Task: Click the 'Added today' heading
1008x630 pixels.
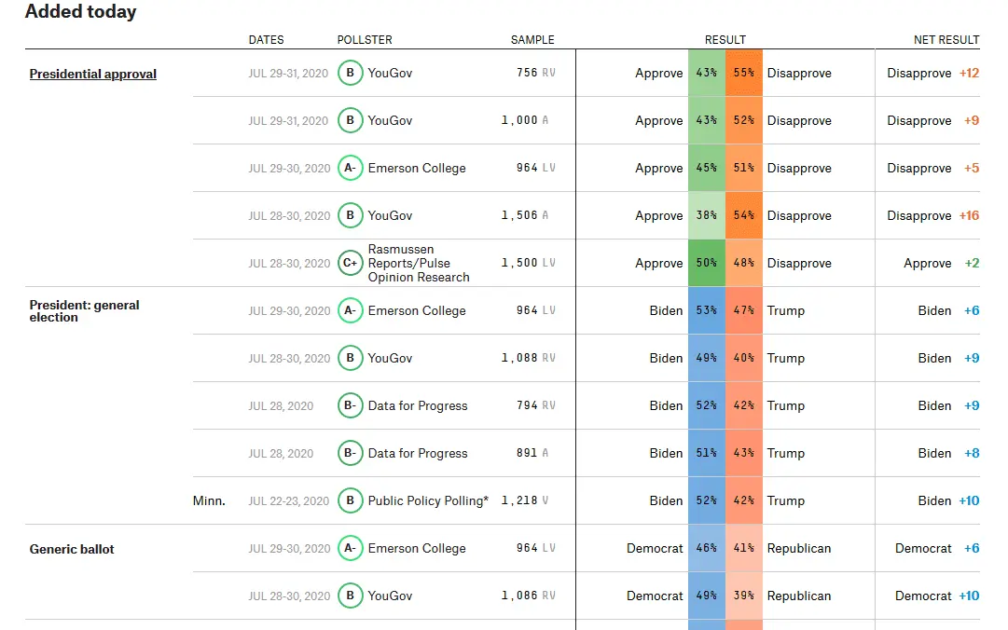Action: tap(80, 12)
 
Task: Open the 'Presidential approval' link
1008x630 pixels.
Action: tap(93, 74)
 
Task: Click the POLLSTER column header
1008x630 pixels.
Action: tap(365, 40)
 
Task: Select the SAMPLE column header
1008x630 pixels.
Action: tap(532, 40)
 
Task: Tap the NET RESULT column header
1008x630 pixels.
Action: tap(946, 40)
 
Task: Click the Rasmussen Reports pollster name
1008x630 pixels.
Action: tap(419, 263)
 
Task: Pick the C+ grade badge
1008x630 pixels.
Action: tap(350, 263)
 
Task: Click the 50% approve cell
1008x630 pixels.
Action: tap(706, 263)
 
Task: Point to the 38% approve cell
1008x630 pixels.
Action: tap(706, 215)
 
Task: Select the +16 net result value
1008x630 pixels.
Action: tap(969, 215)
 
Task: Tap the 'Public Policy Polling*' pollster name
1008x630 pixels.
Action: tap(428, 500)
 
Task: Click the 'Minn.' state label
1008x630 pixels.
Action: tap(209, 500)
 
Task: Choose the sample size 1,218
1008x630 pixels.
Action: tap(519, 500)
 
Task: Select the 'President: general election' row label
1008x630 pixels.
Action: tap(85, 310)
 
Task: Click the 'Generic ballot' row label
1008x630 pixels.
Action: tap(72, 549)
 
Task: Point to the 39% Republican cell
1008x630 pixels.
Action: tap(743, 596)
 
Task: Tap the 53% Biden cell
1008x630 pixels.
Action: tap(706, 310)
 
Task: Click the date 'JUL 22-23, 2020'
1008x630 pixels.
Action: tap(289, 500)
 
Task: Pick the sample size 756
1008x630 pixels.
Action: tap(527, 73)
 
